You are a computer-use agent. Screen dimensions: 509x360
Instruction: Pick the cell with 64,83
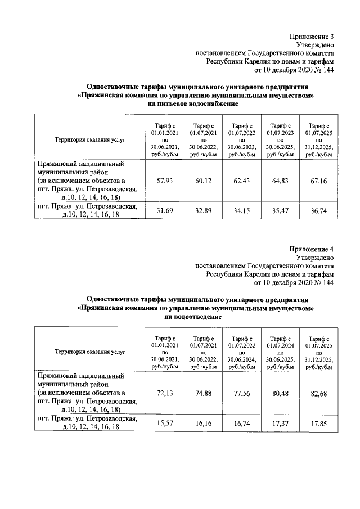click(280, 181)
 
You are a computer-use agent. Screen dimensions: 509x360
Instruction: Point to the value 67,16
click(318, 181)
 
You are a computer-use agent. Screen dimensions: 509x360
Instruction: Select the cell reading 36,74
click(318, 211)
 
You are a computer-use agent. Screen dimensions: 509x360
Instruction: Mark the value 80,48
click(280, 392)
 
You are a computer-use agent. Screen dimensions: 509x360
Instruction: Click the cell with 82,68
click(318, 392)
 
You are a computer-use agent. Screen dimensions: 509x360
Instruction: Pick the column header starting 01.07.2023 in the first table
click(280, 139)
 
